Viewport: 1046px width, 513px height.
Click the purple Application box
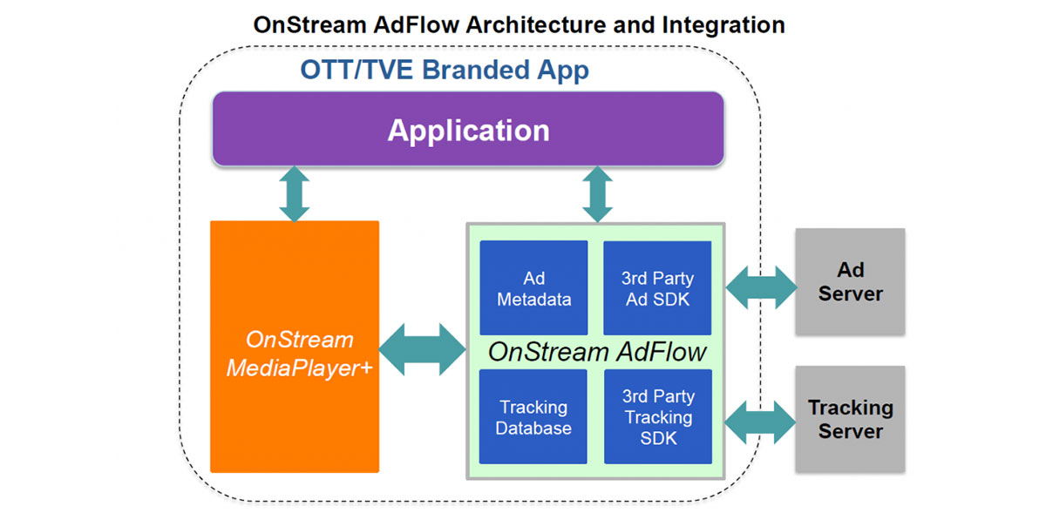(468, 129)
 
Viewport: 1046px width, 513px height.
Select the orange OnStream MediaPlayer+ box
(295, 347)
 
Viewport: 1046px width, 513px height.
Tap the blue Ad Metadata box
(533, 287)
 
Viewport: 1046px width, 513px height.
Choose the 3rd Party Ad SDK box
(657, 287)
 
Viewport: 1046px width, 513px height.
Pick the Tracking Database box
(533, 417)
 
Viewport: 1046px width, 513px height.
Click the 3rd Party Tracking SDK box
(658, 417)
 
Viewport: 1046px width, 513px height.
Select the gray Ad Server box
(851, 281)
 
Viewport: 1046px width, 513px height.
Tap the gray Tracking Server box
(851, 419)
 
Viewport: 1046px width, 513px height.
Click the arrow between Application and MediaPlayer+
(295, 193)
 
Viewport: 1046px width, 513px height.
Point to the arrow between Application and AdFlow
(598, 194)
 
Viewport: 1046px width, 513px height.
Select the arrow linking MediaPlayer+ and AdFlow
(422, 349)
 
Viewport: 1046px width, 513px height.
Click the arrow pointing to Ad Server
(761, 287)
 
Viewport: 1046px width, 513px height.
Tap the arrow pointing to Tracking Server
(760, 422)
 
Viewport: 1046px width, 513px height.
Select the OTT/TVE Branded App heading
(445, 70)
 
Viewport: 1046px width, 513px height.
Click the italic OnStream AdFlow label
(597, 352)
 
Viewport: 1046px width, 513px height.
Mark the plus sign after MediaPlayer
(366, 368)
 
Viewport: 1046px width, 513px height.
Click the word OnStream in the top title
(309, 24)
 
